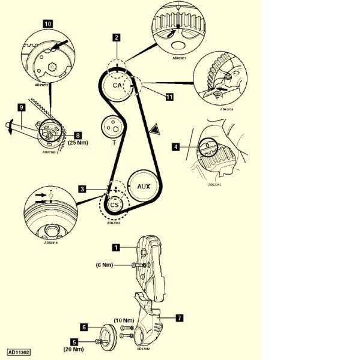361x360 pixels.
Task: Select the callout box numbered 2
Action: coord(116,37)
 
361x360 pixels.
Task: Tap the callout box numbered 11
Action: coord(170,95)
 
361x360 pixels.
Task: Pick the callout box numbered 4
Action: coord(175,145)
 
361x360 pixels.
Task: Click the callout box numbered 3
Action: coord(81,189)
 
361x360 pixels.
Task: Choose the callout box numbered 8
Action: coord(77,136)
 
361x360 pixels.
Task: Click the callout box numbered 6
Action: coord(85,327)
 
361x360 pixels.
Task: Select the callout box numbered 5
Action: coord(82,342)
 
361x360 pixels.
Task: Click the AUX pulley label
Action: coord(144,187)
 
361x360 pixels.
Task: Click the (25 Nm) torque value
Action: coord(78,143)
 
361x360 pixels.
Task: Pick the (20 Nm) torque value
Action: coord(74,349)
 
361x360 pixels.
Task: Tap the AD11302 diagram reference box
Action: coord(20,353)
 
